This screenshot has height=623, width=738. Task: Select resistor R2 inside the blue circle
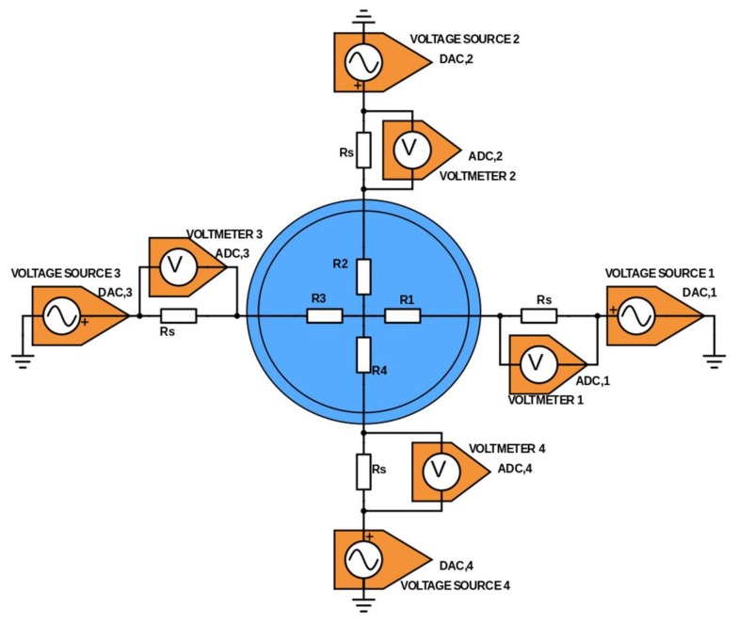[x=363, y=276]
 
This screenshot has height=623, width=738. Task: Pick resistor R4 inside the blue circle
[x=363, y=355]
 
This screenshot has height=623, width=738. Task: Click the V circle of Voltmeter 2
[x=409, y=149]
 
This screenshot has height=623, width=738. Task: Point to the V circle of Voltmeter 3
[x=175, y=267]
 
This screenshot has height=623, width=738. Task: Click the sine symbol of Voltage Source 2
[x=361, y=63]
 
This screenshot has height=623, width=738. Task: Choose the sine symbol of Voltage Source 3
[x=58, y=317]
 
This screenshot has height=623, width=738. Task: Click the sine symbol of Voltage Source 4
[x=361, y=561]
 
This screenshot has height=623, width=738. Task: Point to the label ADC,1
[x=594, y=380]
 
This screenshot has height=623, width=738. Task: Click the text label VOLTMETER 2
[x=477, y=175]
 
